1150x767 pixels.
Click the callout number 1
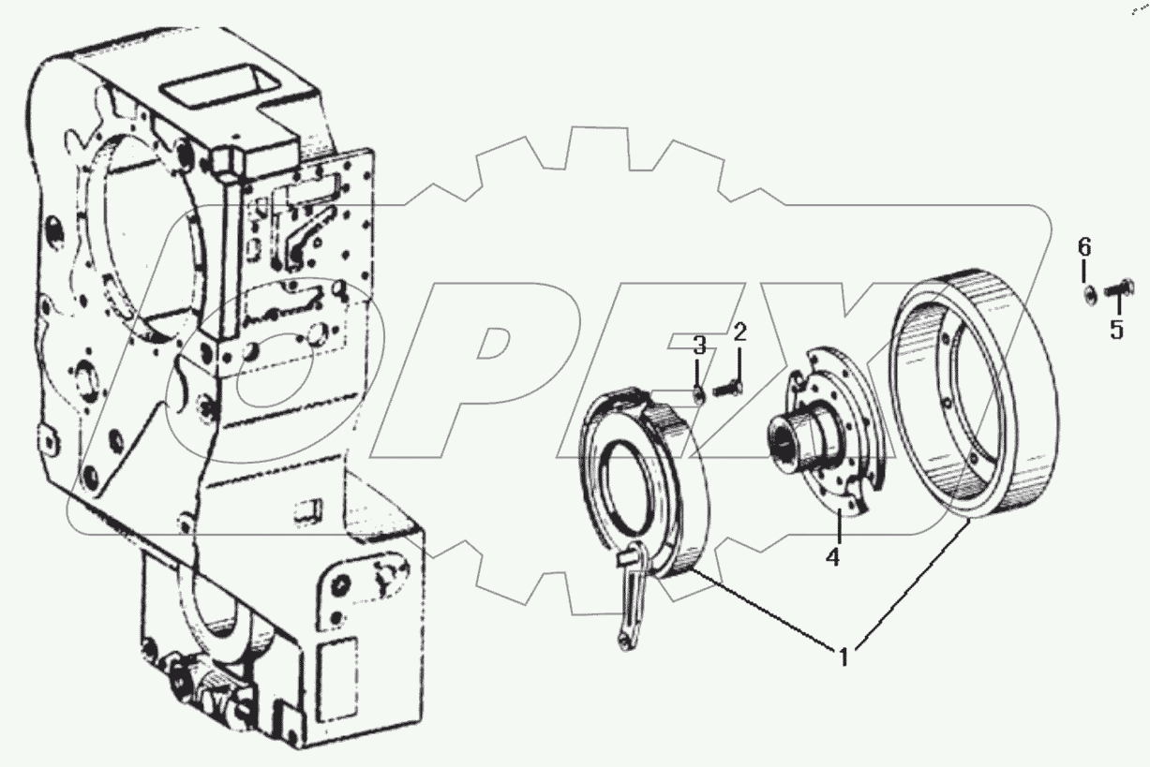point(844,656)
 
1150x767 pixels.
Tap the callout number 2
point(739,332)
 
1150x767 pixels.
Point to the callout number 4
point(832,557)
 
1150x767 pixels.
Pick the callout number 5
point(1115,332)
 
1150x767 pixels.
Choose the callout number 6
point(1083,248)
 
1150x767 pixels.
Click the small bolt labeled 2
point(728,385)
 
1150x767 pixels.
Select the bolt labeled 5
point(1117,292)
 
